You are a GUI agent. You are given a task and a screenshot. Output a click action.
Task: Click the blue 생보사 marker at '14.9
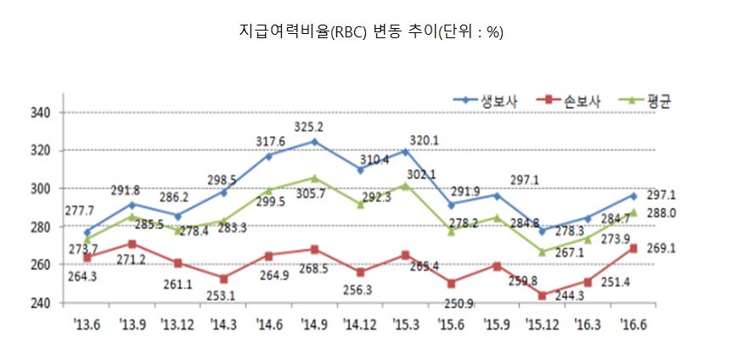[314, 141]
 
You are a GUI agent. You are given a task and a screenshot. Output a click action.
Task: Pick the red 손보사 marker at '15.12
[542, 295]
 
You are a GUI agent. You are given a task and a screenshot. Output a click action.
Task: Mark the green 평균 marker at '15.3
[405, 185]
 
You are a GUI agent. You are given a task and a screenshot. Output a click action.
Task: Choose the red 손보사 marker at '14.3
[223, 278]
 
